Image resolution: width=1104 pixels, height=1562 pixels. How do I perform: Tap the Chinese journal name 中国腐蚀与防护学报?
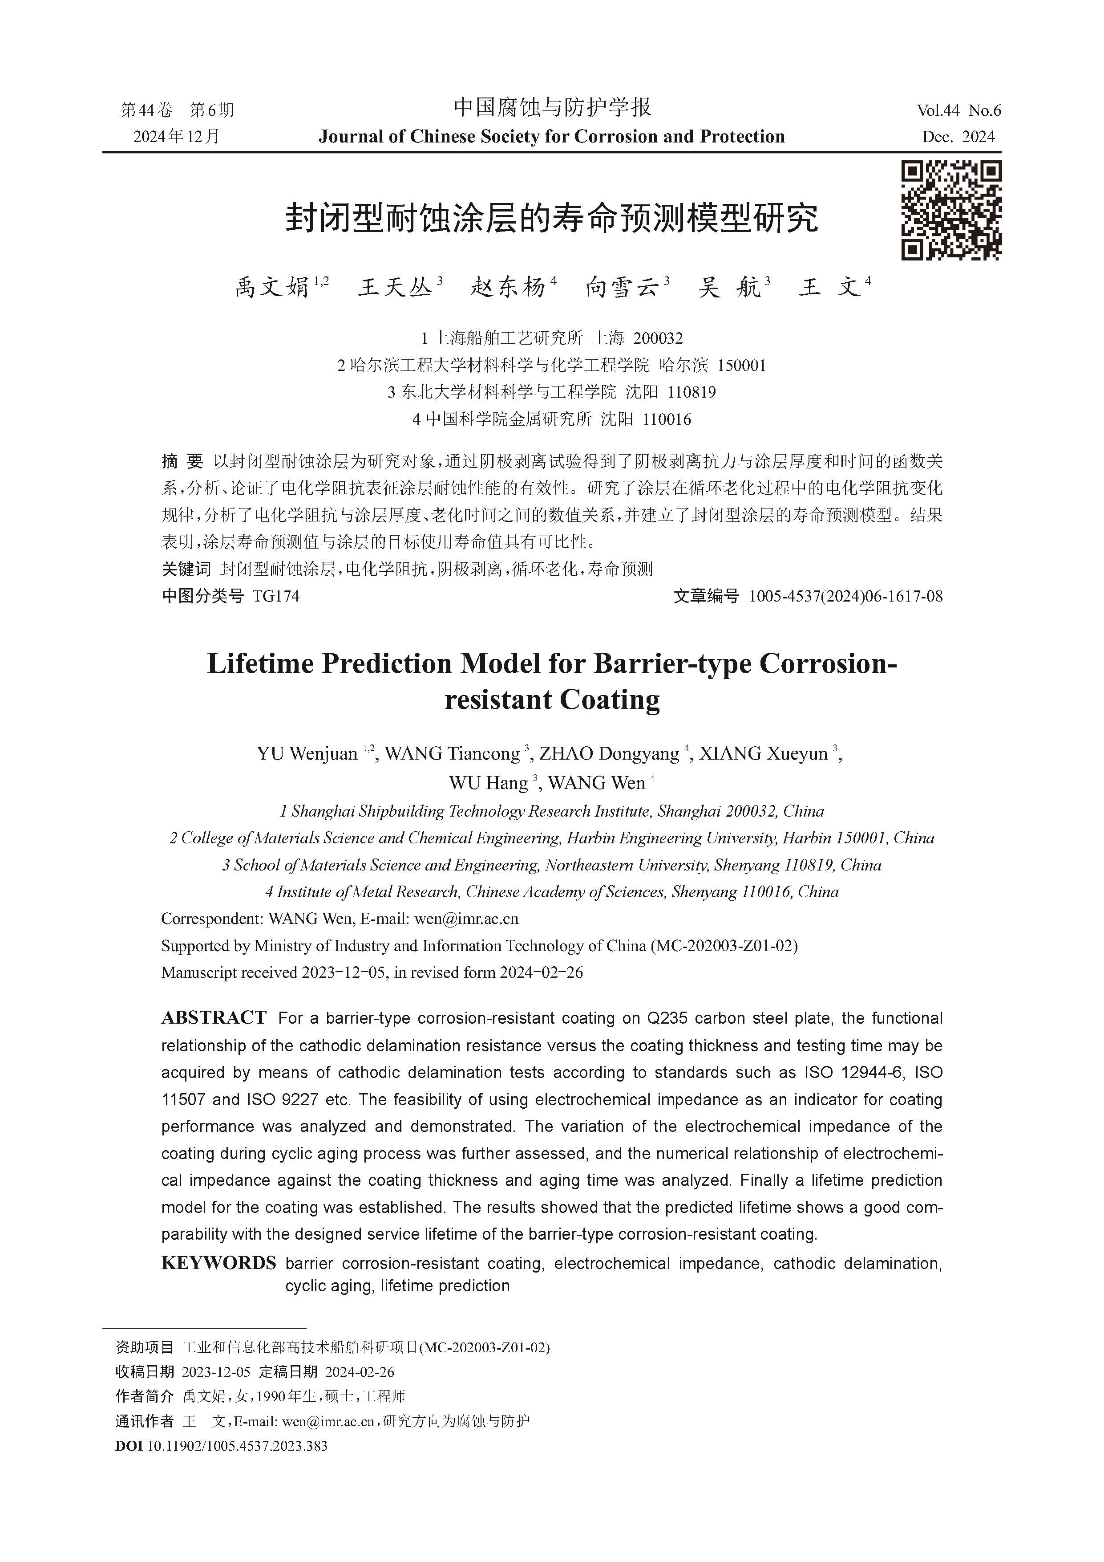click(552, 107)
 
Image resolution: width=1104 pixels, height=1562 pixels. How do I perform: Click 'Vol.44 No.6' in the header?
click(958, 110)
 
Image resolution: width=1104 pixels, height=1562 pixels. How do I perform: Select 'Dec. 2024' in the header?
click(958, 137)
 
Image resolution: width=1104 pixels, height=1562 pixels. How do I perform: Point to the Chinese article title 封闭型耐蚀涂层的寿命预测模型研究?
click(551, 218)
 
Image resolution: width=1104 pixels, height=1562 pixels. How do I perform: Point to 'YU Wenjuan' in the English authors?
click(307, 754)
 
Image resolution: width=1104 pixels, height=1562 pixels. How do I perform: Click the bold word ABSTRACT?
click(214, 1018)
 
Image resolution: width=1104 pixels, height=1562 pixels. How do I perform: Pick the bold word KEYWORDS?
click(218, 1263)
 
